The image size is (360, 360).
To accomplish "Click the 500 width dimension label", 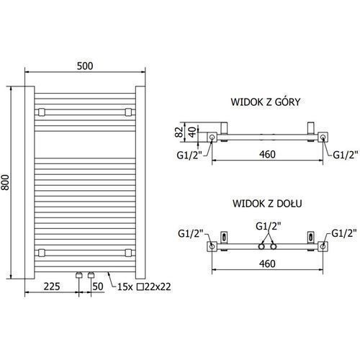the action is tap(85, 66).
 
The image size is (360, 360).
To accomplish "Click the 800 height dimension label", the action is tap(5, 183).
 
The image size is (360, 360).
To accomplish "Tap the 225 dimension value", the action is tap(52, 287).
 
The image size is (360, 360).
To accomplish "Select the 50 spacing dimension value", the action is tap(98, 287).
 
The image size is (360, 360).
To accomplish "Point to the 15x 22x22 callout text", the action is tap(144, 287).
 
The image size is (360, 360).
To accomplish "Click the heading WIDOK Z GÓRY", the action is tap(266, 102).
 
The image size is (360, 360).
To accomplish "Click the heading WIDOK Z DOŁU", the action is tap(267, 204).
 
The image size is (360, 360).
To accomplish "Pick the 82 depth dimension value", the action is tap(179, 132).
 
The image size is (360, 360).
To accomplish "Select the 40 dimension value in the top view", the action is tap(192, 132).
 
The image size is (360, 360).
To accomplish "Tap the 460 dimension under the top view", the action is tap(267, 154).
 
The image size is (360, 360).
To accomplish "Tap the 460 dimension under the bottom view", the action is tap(267, 264).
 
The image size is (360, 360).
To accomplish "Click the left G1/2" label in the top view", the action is tap(189, 156).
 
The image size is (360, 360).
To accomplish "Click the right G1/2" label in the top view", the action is tap(345, 155).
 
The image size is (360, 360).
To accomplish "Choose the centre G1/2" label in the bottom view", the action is tap(269, 226).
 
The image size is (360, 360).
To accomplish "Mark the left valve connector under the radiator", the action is tap(79, 275).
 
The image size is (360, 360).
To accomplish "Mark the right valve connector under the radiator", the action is tap(91, 275).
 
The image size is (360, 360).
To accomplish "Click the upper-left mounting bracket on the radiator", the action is tap(41, 112).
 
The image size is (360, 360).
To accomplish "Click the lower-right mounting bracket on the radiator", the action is tap(128, 253).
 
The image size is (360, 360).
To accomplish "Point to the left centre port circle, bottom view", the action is tap(261, 246).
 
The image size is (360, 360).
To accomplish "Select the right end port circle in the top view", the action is tap(323, 138).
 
